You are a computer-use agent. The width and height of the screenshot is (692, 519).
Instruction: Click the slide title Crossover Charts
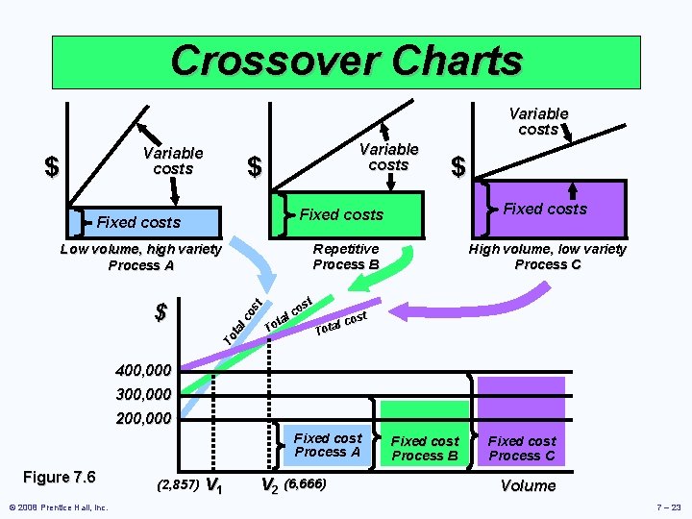point(346,61)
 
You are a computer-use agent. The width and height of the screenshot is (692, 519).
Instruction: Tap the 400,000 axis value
point(143,370)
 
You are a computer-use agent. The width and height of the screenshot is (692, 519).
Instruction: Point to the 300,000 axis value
point(143,394)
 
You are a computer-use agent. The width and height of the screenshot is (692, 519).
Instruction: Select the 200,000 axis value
point(143,419)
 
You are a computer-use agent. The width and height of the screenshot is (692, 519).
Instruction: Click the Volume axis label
point(528,485)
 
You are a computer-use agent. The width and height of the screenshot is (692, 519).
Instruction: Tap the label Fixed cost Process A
point(328,445)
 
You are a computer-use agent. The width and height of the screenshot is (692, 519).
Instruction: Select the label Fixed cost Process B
point(425,449)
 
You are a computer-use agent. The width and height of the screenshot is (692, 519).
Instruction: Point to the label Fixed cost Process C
point(522,449)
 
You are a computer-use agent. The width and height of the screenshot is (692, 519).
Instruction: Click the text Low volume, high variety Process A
point(140,257)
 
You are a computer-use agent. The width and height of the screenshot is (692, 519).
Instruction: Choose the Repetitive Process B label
point(346,257)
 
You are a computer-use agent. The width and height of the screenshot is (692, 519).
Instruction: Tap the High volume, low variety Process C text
point(547,257)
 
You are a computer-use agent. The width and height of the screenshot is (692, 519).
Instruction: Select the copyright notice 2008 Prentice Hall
point(58,507)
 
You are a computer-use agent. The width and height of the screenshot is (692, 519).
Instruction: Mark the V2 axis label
point(271,484)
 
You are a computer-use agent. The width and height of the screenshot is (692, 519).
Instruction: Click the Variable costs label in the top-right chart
point(538,121)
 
